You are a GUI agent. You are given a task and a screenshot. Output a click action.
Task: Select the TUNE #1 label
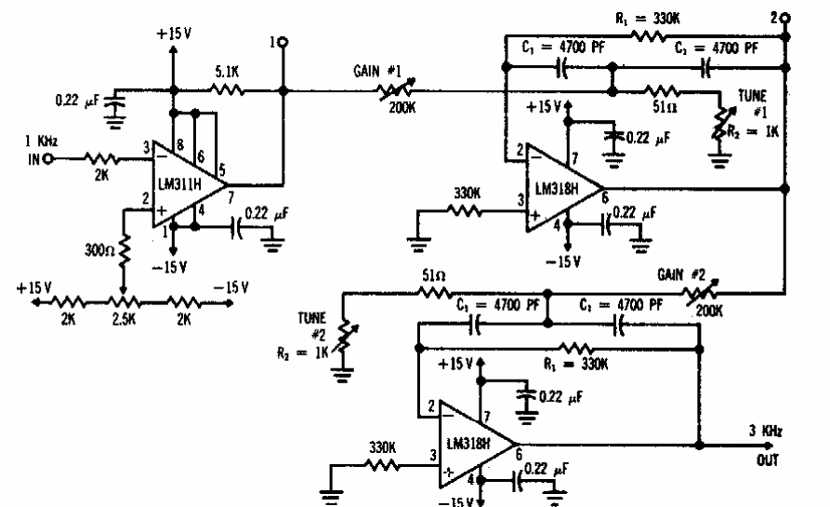coord(754,101)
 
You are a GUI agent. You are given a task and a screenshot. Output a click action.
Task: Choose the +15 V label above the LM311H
coord(174,33)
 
